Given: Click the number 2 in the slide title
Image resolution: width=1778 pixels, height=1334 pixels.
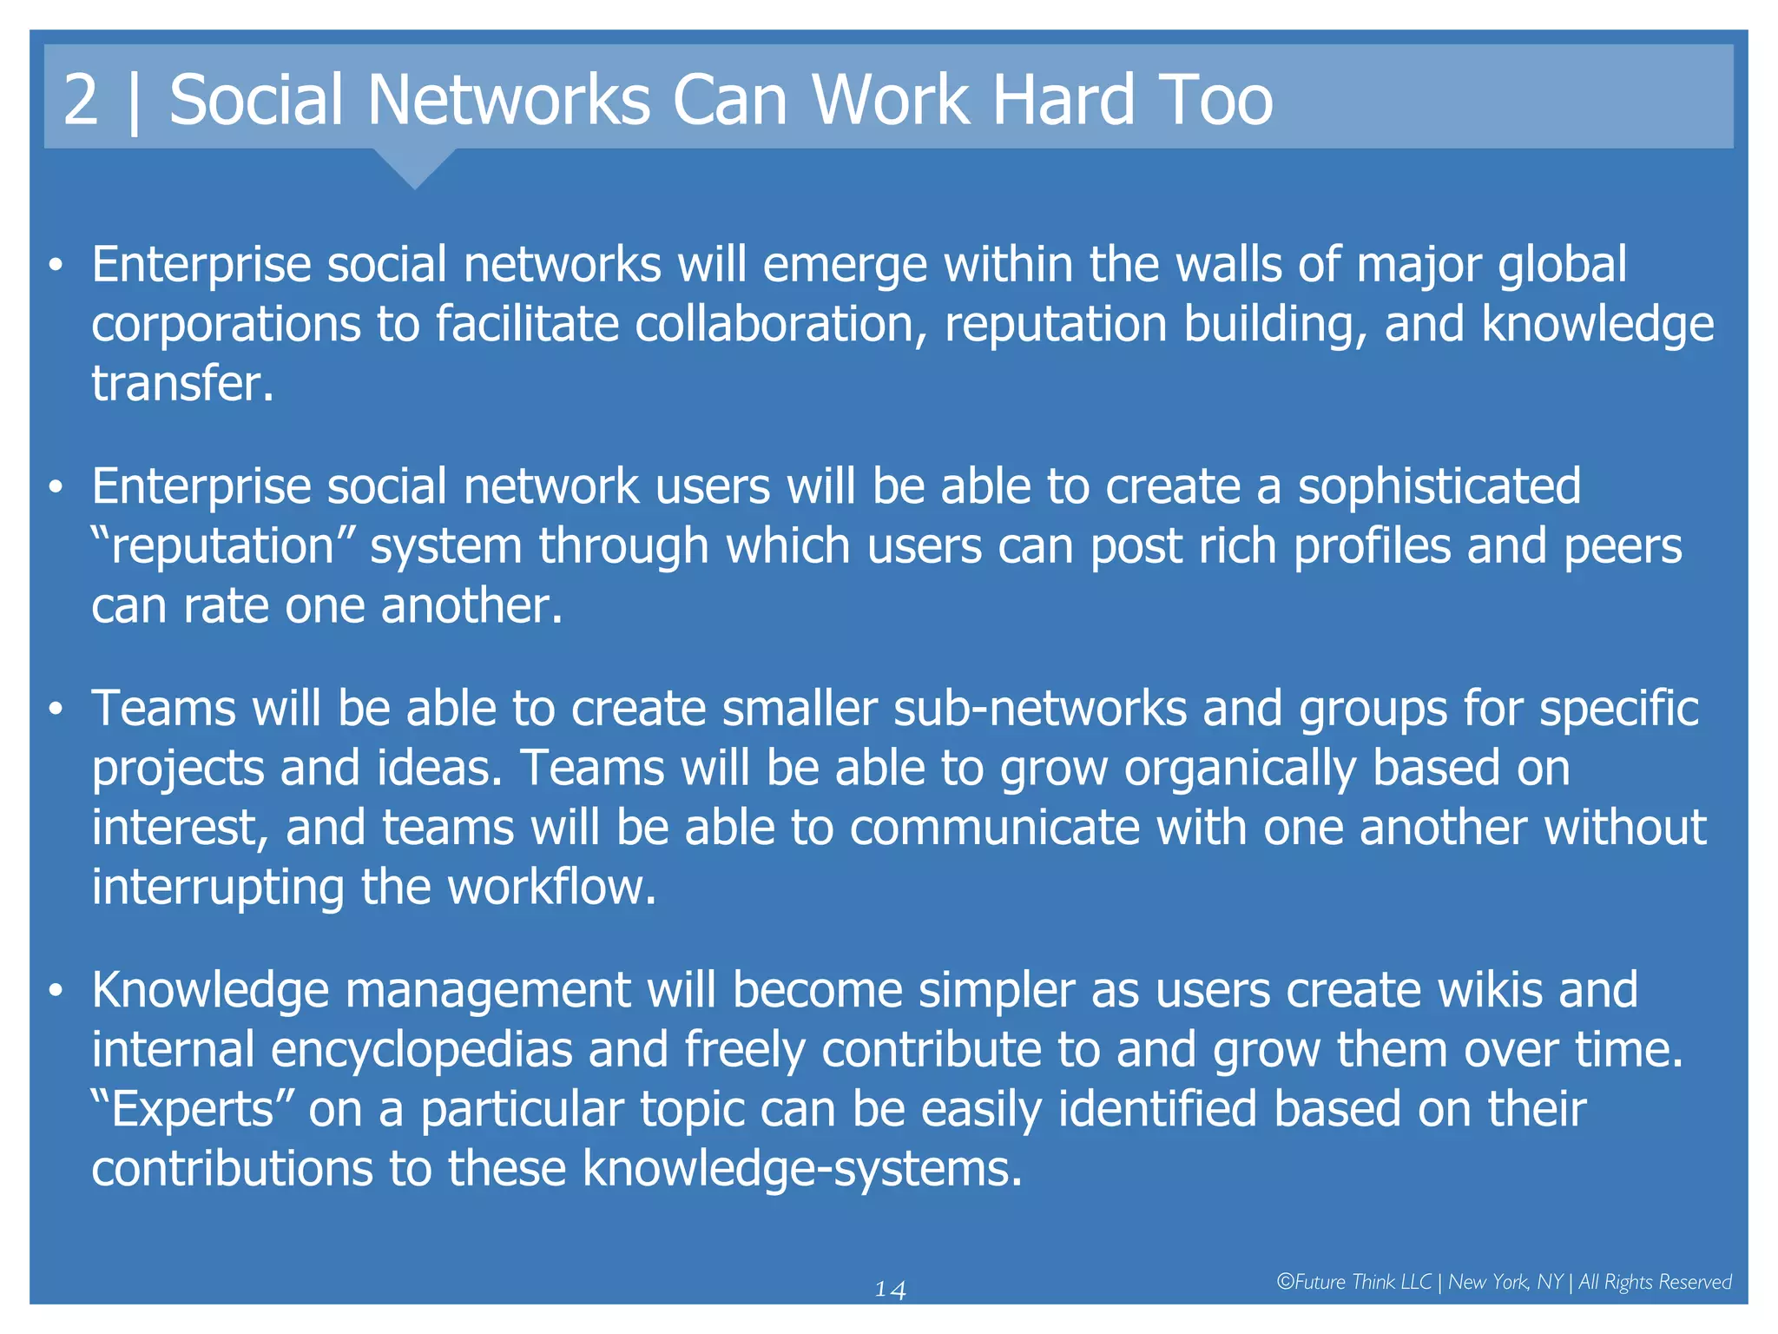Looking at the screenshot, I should (x=81, y=100).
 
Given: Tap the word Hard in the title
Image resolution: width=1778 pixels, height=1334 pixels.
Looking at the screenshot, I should (x=1063, y=100).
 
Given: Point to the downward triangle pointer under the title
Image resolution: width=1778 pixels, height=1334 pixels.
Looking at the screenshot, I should (x=415, y=168).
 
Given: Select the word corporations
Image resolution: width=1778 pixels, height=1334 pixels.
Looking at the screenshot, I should (x=226, y=325).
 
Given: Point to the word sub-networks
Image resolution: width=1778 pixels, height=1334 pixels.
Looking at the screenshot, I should (x=1039, y=709).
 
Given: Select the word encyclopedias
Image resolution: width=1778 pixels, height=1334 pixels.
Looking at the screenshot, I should (x=421, y=1050).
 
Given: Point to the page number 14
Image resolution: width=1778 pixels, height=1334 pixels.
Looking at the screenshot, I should (x=890, y=1290).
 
